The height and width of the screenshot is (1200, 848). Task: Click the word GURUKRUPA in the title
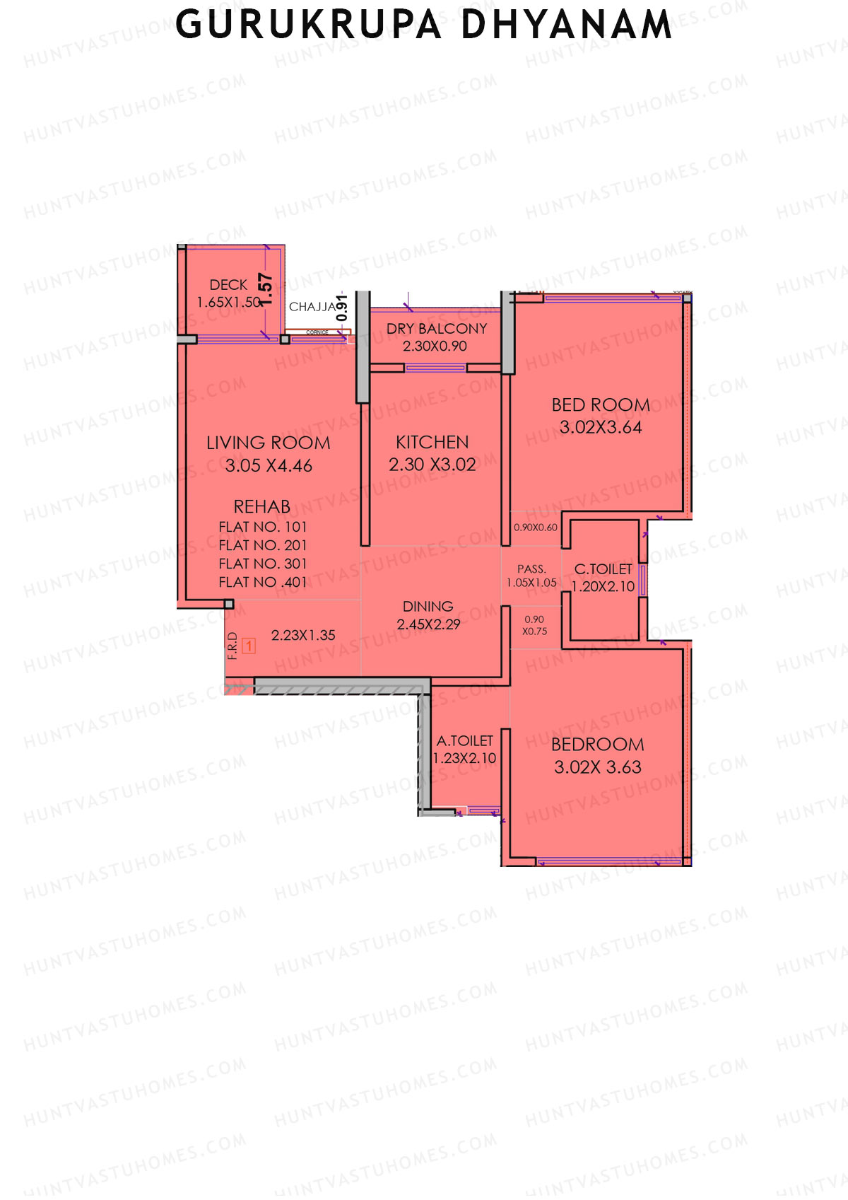point(308,25)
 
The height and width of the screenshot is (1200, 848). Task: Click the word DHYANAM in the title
point(566,25)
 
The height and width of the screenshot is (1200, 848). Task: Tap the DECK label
point(228,285)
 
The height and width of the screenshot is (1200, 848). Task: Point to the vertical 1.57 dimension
point(266,289)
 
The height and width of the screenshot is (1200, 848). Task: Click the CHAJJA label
point(312,307)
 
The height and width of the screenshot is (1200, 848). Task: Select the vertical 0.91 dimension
point(342,308)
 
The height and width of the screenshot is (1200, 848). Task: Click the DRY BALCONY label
point(436,329)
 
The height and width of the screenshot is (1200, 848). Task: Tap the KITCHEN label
point(432,443)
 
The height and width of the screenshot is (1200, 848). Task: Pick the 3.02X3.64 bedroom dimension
point(600,427)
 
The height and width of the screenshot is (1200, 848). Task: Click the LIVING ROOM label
point(268,443)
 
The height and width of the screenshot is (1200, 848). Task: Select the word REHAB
point(261,507)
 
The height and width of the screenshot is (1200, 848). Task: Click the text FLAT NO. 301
point(262,564)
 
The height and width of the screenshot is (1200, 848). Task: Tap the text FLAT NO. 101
point(262,527)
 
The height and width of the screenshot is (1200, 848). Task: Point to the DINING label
point(428,607)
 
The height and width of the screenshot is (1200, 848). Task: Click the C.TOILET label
point(603,569)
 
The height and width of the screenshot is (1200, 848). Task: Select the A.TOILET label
point(464,741)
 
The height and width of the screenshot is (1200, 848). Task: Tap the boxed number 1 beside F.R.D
point(248,646)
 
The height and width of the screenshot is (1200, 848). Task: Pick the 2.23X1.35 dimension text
point(303,635)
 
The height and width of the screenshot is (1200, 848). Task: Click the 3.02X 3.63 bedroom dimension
point(597,767)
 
